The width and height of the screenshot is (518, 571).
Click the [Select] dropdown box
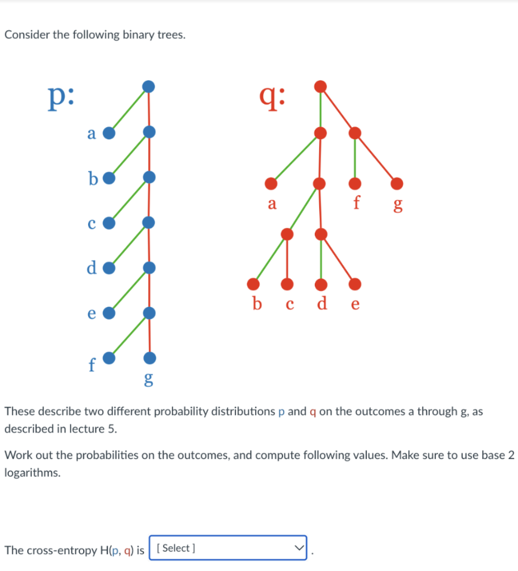[228, 548]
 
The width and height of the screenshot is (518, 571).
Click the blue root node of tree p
[148, 86]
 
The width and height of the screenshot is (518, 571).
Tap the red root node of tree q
[320, 86]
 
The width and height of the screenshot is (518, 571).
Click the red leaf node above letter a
[271, 183]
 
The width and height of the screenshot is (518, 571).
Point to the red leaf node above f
[354, 183]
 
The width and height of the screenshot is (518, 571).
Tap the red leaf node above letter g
[397, 183]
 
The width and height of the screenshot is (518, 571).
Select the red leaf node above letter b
[253, 284]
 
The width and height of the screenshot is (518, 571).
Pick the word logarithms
[32, 473]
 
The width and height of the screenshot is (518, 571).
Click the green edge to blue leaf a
[129, 110]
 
